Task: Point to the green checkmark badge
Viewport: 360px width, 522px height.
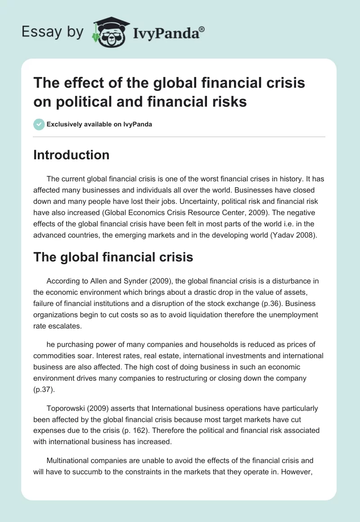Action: [x=39, y=124]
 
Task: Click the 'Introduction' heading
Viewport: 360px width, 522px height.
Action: [x=71, y=155]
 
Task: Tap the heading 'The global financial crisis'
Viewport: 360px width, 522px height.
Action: [x=113, y=257]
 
